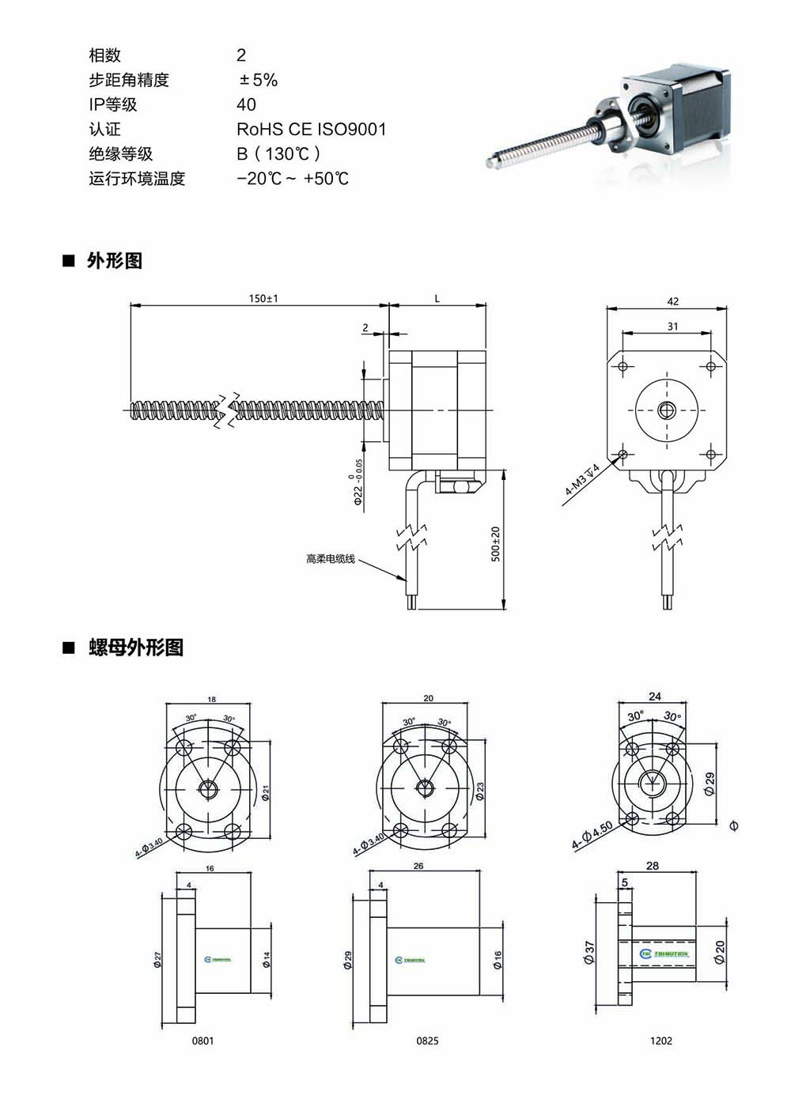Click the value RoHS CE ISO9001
[311, 129]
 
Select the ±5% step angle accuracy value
[258, 80]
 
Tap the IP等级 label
[112, 104]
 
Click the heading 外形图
[114, 261]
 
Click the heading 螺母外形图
[135, 648]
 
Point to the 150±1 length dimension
[263, 299]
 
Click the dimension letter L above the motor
[437, 299]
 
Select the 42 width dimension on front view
[672, 301]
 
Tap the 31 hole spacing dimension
[672, 327]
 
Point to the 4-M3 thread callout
[582, 480]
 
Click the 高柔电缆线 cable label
[330, 559]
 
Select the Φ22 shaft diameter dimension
[358, 485]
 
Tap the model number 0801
[202, 1041]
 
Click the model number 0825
[427, 1041]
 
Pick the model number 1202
[660, 1041]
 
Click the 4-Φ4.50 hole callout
[592, 836]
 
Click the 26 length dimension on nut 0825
[418, 866]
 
